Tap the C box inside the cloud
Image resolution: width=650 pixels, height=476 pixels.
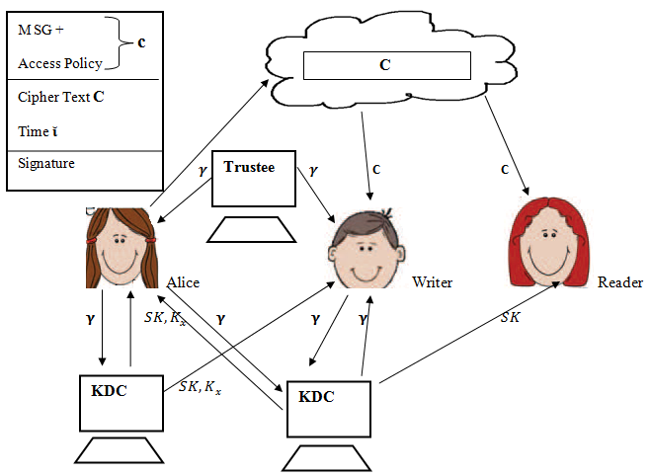pyautogui.click(x=384, y=65)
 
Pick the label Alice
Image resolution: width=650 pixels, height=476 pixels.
pyautogui.click(x=183, y=283)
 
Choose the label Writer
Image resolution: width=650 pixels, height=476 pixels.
pyautogui.click(x=432, y=283)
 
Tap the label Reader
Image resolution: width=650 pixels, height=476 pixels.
pyautogui.click(x=619, y=282)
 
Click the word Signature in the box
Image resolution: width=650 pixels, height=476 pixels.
pyautogui.click(x=46, y=163)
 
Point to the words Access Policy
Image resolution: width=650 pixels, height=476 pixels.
pyautogui.click(x=60, y=63)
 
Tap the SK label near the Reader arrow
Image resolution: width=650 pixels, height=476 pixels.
pyautogui.click(x=510, y=317)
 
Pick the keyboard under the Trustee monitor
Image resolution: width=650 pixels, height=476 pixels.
pyautogui.click(x=253, y=230)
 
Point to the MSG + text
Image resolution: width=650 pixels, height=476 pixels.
pyautogui.click(x=41, y=30)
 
